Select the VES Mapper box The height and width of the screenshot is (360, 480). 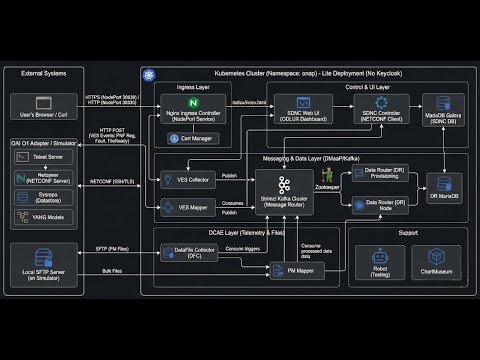pos(186,207)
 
